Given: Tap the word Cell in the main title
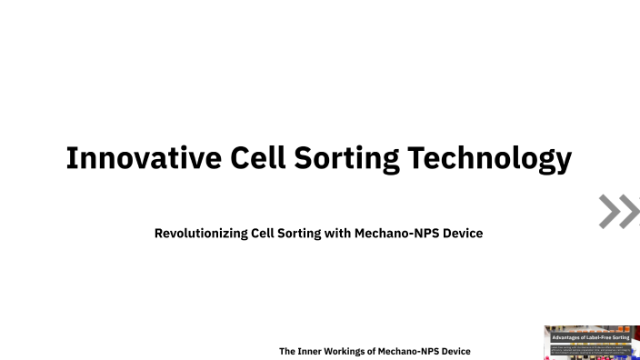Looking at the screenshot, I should (257, 158).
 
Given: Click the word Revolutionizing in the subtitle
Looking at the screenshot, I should (201, 234).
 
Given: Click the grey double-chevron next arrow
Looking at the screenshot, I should (618, 211).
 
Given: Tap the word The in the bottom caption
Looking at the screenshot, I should (287, 351).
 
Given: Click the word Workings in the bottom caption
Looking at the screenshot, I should (350, 351).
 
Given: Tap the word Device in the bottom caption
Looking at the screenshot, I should (457, 351).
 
